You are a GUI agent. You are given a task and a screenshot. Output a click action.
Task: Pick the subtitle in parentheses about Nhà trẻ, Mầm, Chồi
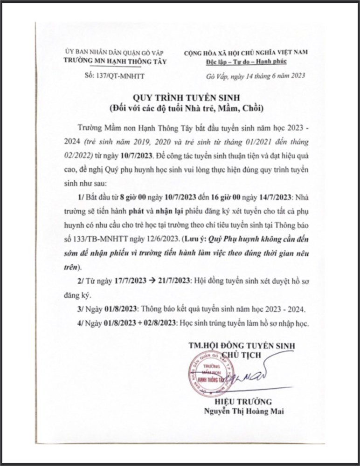tap(184, 110)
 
